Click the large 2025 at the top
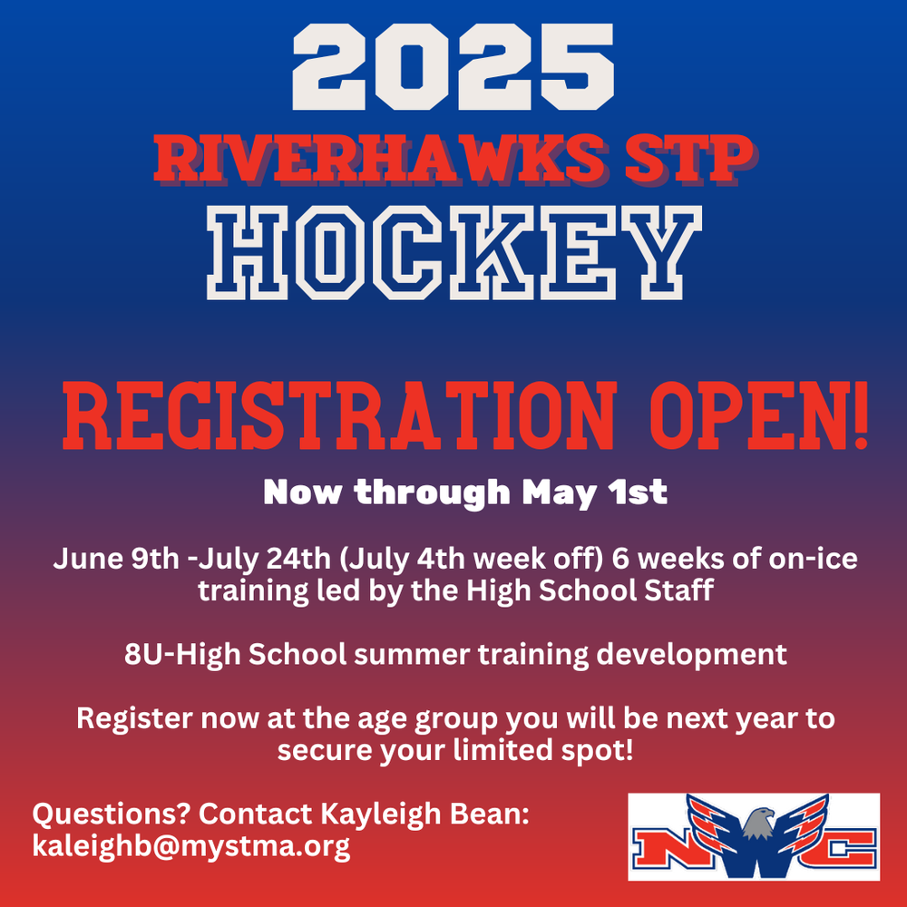453,66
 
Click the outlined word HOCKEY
454,253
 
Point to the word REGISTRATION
339,415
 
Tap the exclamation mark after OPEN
860,414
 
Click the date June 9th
116,559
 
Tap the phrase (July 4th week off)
472,560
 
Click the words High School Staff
590,590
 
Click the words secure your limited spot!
455,751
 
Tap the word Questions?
112,814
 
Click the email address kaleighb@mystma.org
191,846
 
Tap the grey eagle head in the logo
756,823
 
